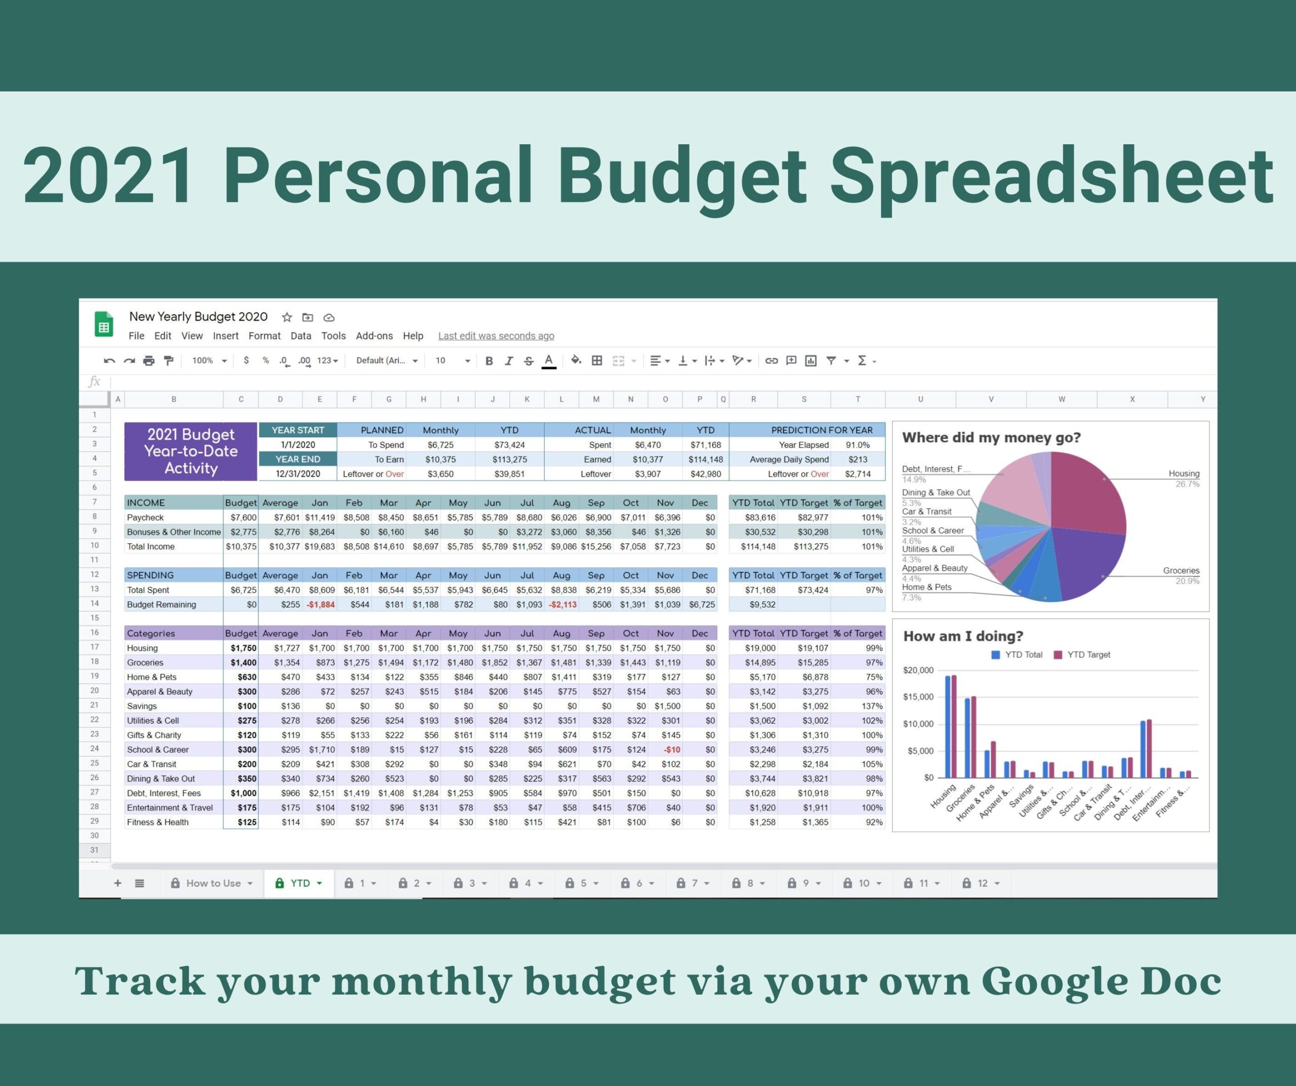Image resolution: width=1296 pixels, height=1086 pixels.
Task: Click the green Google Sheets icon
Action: point(104,324)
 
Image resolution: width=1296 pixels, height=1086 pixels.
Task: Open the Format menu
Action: point(264,336)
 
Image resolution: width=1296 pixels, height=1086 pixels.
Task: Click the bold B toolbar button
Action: point(489,361)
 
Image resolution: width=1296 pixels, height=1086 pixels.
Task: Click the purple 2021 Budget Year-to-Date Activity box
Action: point(191,451)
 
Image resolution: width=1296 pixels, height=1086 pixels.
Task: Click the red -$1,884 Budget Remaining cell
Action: point(320,605)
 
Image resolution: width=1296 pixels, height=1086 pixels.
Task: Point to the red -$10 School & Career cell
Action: point(671,749)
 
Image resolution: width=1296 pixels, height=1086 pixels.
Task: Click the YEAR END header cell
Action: point(298,459)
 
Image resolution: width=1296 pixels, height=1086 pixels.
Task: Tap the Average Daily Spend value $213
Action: point(858,460)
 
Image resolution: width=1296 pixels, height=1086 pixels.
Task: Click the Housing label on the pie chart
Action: point(1184,473)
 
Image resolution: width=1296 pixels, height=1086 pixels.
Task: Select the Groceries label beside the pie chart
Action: point(1181,571)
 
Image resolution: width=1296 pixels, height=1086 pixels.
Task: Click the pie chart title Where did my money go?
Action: point(991,437)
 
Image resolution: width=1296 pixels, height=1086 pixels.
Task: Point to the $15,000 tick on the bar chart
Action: point(918,697)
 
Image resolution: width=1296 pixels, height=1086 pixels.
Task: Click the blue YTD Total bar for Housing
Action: point(948,727)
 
